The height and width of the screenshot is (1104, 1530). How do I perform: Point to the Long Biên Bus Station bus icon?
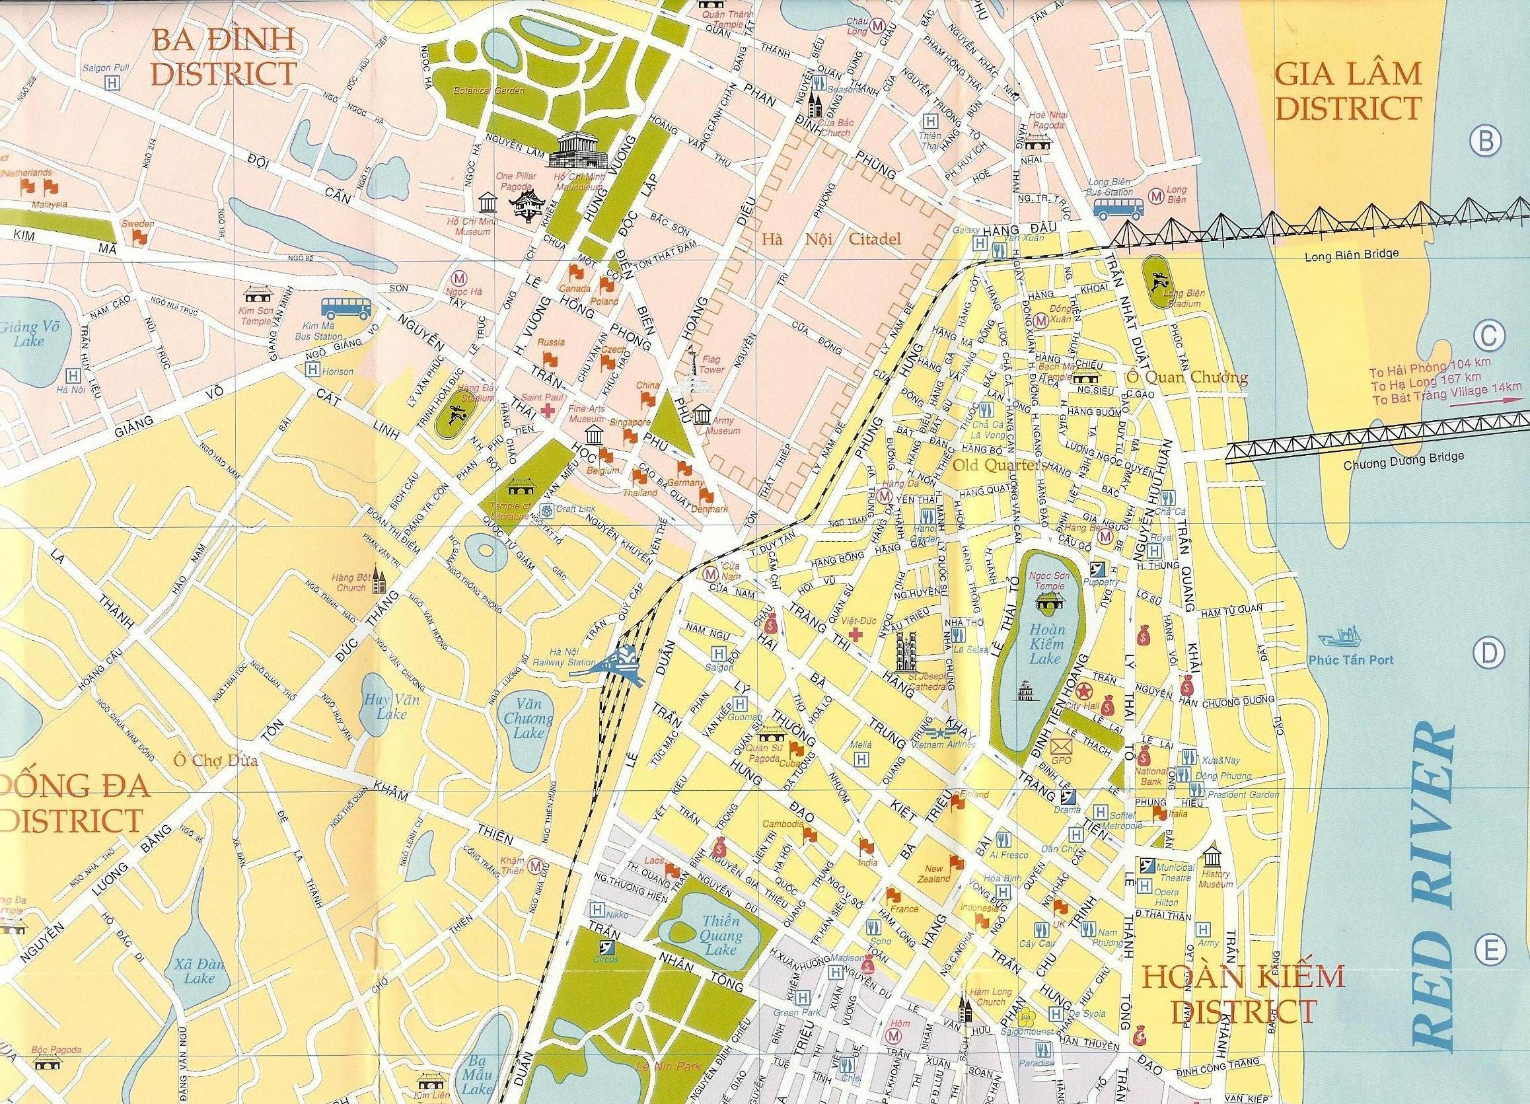1118,208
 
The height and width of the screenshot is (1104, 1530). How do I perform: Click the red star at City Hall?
1083,691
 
